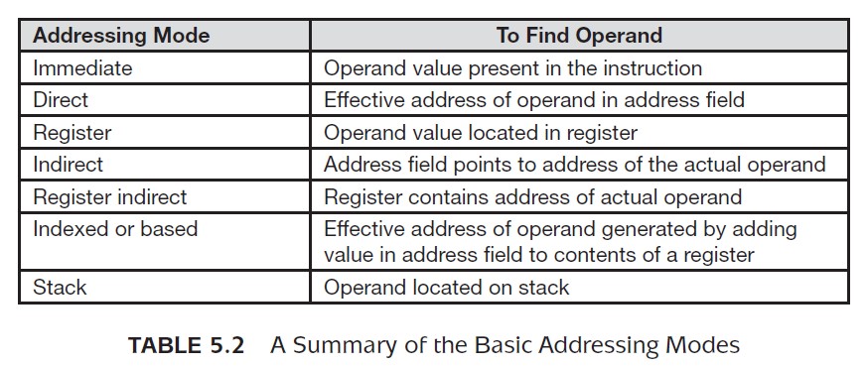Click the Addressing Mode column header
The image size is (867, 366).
(121, 36)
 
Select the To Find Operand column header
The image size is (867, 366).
(579, 36)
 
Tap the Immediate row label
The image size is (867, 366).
(83, 67)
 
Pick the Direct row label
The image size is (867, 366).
(61, 100)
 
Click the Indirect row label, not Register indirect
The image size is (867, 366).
(68, 165)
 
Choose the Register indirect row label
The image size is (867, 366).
(110, 197)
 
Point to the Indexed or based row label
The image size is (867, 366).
(115, 228)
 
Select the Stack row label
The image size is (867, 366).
(60, 287)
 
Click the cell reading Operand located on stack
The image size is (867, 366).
(446, 287)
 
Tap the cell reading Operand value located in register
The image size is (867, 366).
(481, 133)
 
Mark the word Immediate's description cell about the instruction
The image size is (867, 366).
(512, 67)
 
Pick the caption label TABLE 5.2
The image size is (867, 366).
(186, 345)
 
